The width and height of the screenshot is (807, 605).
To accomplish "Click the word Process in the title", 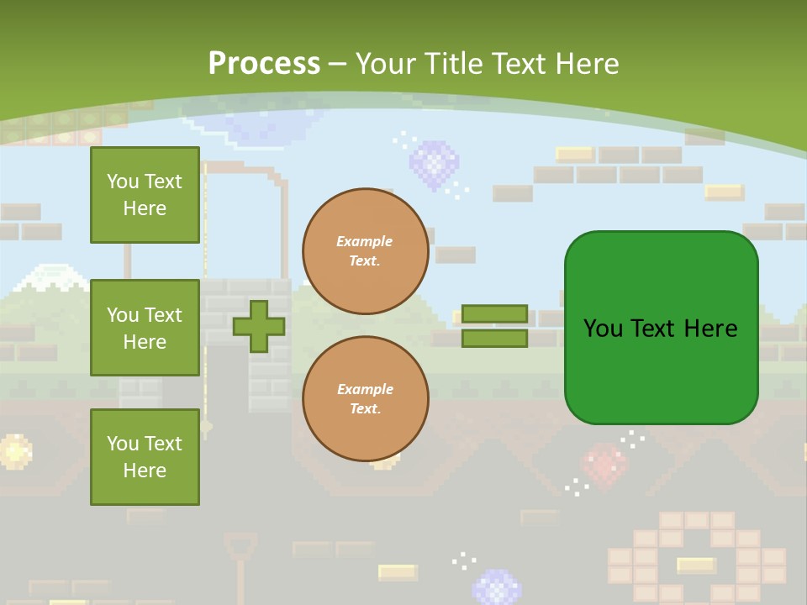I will [264, 64].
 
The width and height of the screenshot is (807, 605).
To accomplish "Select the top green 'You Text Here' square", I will [145, 195].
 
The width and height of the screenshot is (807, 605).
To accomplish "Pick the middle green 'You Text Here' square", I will [145, 328].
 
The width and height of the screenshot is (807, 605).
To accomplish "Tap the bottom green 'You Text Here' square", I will [145, 457].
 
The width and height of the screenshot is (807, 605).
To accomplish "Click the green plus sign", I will [259, 326].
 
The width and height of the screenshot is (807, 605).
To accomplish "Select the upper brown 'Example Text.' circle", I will [365, 251].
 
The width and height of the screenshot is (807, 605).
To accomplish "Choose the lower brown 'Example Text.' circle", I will [365, 399].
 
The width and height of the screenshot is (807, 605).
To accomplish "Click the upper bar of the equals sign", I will [494, 314].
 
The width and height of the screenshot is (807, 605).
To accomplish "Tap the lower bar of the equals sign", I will [494, 339].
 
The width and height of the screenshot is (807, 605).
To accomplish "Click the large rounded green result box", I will [661, 328].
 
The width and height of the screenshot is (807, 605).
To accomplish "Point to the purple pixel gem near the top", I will [434, 163].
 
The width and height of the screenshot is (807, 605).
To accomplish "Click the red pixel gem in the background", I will [604, 465].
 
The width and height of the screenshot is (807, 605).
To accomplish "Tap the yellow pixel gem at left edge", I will [14, 451].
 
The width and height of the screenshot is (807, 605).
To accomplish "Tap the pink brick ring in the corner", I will [697, 559].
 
